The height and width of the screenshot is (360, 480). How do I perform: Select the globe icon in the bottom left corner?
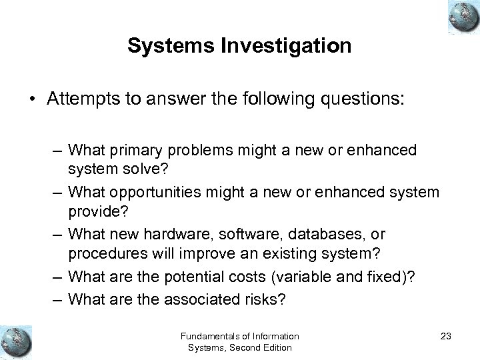pyautogui.click(x=17, y=340)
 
